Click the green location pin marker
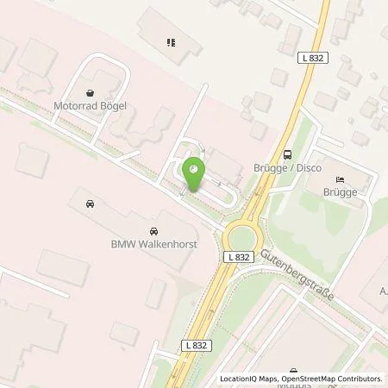(x=193, y=172)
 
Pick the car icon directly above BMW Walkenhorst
(x=153, y=231)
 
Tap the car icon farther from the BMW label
(x=89, y=205)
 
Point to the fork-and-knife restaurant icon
(x=171, y=41)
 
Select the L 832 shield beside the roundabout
(x=241, y=257)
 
